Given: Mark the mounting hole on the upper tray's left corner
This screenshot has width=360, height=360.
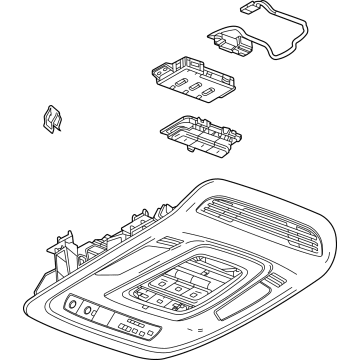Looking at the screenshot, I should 158,71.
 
